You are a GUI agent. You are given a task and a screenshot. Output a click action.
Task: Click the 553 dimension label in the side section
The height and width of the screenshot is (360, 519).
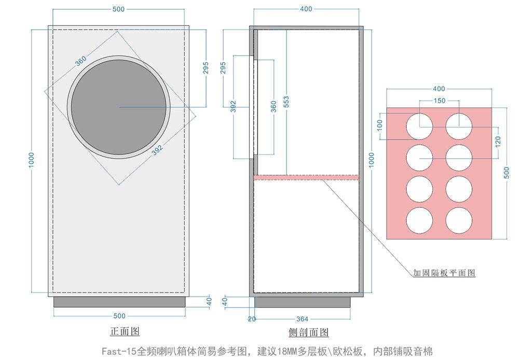(x=286, y=101)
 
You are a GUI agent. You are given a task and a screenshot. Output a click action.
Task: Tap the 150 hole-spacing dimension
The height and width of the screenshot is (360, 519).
(x=439, y=100)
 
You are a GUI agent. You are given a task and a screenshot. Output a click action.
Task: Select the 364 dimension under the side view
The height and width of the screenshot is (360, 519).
(x=302, y=319)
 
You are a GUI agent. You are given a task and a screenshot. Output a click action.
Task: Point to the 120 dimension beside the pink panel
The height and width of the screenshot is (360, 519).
(x=498, y=142)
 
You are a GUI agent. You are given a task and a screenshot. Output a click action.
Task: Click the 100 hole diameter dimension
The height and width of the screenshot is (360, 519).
(x=380, y=125)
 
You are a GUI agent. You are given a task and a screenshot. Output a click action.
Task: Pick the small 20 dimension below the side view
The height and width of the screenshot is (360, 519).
(x=252, y=319)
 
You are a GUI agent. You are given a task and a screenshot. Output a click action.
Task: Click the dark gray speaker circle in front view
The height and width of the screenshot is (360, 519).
(x=119, y=107)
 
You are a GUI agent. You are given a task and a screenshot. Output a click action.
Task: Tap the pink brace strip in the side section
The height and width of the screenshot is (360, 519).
(x=306, y=177)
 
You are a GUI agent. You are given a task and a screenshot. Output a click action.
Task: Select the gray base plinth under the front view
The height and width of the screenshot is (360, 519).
(x=119, y=302)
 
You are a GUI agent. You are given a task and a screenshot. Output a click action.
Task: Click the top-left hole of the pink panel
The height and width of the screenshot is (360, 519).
(x=419, y=127)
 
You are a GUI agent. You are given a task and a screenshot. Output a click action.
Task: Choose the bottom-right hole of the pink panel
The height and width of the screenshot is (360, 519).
(x=459, y=220)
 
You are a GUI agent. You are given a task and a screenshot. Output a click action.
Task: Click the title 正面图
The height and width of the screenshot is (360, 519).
(x=125, y=331)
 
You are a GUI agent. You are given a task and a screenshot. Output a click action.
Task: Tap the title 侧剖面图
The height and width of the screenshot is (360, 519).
(x=309, y=332)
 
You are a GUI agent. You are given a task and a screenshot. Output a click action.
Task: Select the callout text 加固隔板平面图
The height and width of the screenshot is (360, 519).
(x=444, y=273)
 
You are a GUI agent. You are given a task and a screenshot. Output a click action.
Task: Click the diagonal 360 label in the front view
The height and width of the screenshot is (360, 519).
(x=81, y=61)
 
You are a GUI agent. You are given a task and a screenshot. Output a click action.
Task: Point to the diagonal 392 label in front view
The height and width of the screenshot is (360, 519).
(x=158, y=150)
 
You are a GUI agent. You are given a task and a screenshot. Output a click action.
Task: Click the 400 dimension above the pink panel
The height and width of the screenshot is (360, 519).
(x=439, y=89)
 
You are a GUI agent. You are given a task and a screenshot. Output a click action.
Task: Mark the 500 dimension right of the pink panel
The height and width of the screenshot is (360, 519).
(x=507, y=173)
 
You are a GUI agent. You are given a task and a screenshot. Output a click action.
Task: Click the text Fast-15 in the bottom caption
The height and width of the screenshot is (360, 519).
(x=119, y=351)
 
